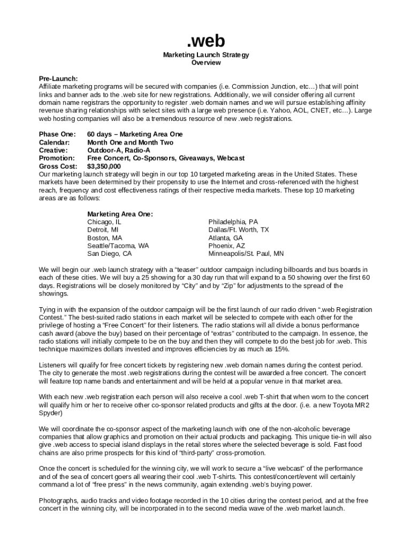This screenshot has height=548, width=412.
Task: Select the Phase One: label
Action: click(x=57, y=134)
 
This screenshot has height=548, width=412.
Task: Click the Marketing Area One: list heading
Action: click(x=120, y=214)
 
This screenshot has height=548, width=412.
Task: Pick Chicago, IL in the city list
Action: click(x=104, y=222)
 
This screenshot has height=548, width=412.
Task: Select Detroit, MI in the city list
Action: click(x=103, y=230)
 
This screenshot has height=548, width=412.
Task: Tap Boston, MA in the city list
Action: click(x=104, y=238)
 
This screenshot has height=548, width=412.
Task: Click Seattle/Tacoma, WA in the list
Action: click(x=118, y=246)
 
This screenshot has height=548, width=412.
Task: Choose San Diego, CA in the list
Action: click(x=109, y=254)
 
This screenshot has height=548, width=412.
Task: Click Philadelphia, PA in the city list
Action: click(x=233, y=222)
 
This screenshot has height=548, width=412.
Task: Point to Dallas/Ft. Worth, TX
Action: click(x=239, y=230)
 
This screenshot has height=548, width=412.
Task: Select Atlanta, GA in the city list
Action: click(x=225, y=238)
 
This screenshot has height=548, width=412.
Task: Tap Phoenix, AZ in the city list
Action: click(x=226, y=246)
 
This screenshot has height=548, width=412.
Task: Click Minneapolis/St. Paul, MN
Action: click(x=246, y=254)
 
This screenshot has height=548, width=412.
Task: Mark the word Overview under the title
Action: click(x=206, y=63)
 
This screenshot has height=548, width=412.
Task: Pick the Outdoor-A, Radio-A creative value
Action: click(x=119, y=150)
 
